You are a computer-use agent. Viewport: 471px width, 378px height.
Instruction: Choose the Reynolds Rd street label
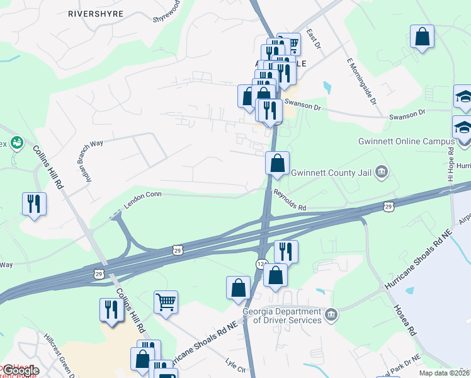pyautogui.click(x=289, y=201)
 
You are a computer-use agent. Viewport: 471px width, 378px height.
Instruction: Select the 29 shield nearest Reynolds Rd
pyautogui.click(x=389, y=206)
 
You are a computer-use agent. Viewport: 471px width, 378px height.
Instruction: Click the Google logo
pyautogui.click(x=20, y=370)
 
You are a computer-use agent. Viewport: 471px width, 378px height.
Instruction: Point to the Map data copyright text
pyautogui.click(x=444, y=373)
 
